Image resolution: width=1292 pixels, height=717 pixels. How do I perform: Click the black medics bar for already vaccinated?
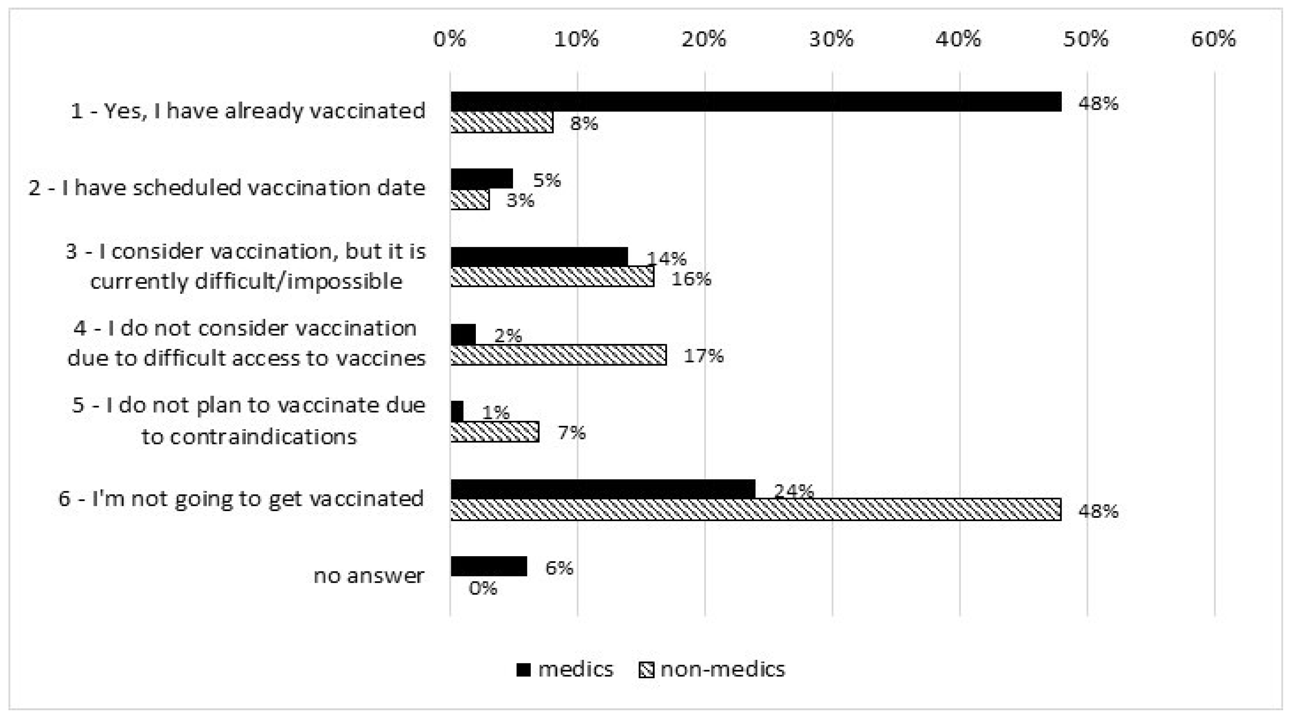coord(755,102)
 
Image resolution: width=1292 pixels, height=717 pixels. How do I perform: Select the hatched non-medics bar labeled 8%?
coord(502,122)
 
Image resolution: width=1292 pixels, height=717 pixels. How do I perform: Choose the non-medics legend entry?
coord(712,669)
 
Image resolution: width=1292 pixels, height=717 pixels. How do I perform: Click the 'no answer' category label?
coord(369,575)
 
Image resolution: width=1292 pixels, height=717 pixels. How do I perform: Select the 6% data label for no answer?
coord(559,568)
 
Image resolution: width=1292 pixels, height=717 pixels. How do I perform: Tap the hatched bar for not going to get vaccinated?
coord(755,509)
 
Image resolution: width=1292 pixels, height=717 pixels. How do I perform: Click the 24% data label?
coord(793,490)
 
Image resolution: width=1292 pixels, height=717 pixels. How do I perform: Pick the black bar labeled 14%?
coord(539,257)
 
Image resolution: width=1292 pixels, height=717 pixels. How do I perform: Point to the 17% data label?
coord(704,356)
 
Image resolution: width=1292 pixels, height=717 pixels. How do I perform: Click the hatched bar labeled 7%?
coord(494,432)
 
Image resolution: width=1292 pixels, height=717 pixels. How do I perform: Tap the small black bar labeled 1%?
coord(457,411)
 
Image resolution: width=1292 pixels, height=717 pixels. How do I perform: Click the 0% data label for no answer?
coord(483,587)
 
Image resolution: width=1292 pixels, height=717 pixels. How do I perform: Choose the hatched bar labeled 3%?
coord(470,200)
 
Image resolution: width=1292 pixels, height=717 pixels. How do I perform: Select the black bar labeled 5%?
coord(481,179)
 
